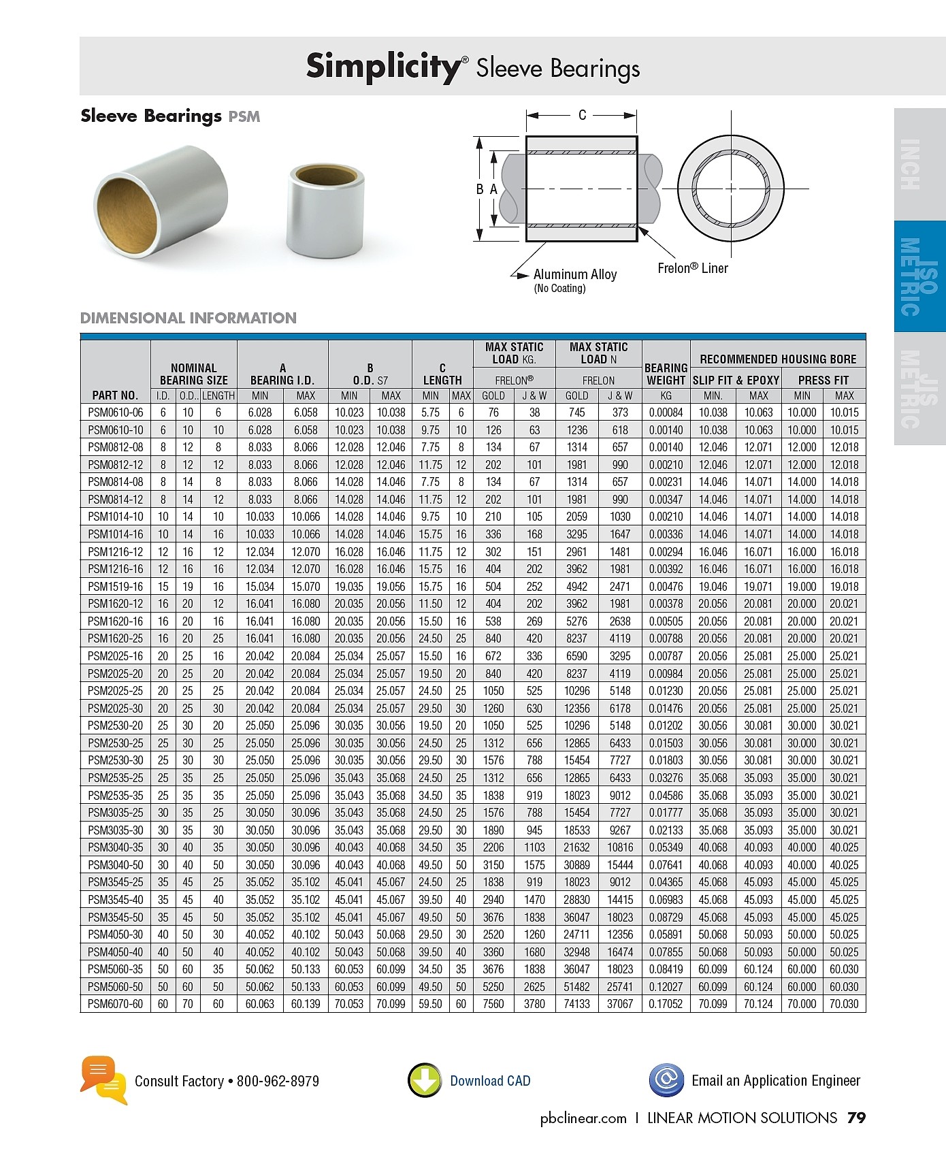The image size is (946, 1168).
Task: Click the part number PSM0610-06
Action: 115,412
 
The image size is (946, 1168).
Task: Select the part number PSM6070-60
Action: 115,1004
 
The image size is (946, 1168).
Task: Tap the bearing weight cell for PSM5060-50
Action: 666,986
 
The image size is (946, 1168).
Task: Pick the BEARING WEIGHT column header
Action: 666,374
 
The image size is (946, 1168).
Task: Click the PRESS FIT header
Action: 823,380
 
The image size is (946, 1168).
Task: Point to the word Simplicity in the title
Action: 383,67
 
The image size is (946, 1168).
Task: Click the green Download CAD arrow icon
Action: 425,1080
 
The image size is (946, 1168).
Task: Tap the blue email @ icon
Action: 666,1080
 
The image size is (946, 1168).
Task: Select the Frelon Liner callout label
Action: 692,268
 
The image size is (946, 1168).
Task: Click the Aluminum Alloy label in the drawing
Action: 575,274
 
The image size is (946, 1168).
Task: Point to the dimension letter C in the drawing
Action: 582,115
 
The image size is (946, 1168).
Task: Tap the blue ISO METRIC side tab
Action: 919,276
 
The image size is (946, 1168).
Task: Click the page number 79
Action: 856,1118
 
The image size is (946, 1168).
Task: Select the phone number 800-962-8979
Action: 278,1081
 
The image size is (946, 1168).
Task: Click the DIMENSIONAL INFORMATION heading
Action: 189,318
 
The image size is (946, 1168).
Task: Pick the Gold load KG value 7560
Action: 493,1004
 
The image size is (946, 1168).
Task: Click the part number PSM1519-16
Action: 115,587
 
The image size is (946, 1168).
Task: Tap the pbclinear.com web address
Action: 583,1118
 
